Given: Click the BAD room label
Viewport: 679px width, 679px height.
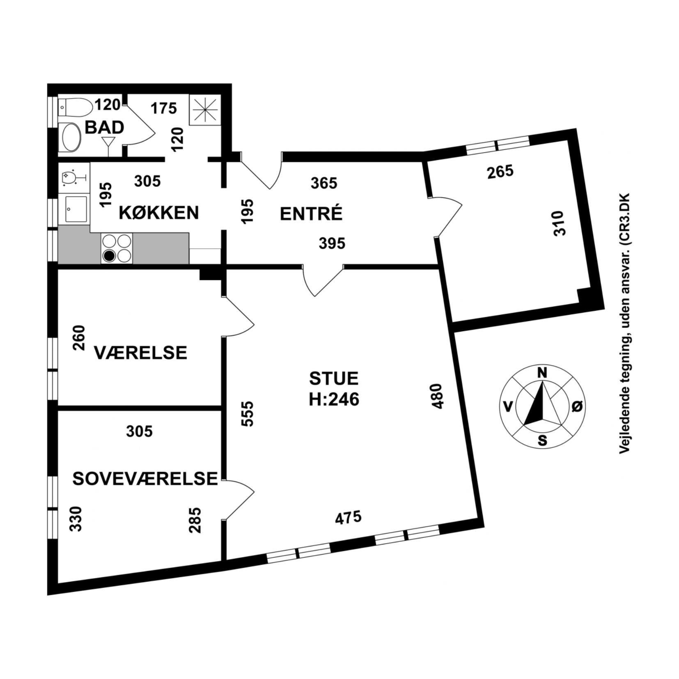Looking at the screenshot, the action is pyautogui.click(x=104, y=127).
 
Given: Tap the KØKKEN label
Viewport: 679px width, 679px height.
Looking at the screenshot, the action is pyautogui.click(x=159, y=213).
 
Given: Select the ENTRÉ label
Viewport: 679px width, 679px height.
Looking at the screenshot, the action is pyautogui.click(x=311, y=214).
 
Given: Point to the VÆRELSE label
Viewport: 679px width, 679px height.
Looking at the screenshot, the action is pyautogui.click(x=141, y=353).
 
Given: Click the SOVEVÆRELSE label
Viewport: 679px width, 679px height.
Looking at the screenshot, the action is pyautogui.click(x=145, y=479).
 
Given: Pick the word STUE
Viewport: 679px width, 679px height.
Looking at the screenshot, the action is pyautogui.click(x=334, y=378).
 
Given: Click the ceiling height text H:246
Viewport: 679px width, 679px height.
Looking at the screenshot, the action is pyautogui.click(x=334, y=399).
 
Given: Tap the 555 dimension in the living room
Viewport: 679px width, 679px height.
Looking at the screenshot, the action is pyautogui.click(x=248, y=414).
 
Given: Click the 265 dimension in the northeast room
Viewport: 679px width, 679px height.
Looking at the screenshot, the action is pyautogui.click(x=500, y=172).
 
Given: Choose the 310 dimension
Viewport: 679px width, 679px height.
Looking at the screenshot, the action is pyautogui.click(x=559, y=223).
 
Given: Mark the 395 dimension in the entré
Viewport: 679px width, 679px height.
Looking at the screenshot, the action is pyautogui.click(x=332, y=243).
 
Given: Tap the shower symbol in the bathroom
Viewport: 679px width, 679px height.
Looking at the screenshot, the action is pyautogui.click(x=205, y=110).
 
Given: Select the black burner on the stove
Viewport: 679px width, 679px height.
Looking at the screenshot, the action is pyautogui.click(x=109, y=256).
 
